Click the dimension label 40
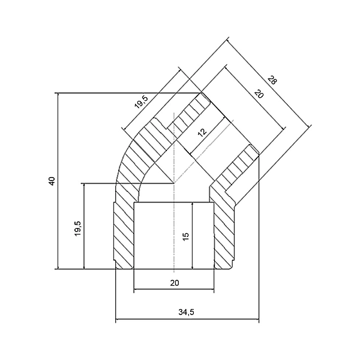pos(52,181)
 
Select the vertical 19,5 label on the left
pos(78,228)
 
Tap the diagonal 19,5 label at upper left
pos(142,102)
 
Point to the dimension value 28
pos(272,80)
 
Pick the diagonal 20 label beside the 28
pos(259,94)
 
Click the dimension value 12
pos(202,133)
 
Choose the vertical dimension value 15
pos(186,236)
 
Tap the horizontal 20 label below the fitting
pos(175,283)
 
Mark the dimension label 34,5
pos(186,312)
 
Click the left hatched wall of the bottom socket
pos(124,236)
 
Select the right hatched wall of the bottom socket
pos(224,236)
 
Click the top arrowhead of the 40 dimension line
pos(58,95)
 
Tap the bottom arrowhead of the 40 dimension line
pos(58,266)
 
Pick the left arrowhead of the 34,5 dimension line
pos(118,319)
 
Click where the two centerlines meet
pos(174,183)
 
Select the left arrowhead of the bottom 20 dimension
pos(136,289)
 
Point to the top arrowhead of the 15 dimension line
pos(193,205)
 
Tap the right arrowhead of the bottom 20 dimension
pos(211,289)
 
